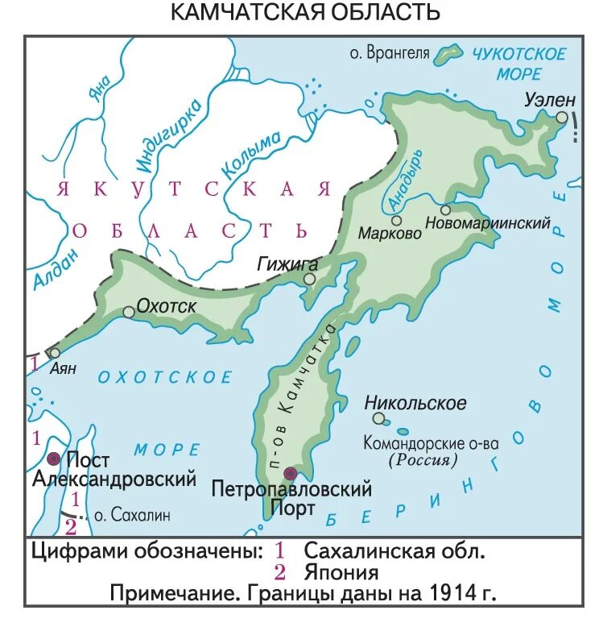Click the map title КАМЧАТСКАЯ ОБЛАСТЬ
click(x=305, y=13)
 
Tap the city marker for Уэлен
click(x=561, y=118)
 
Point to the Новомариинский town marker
click(x=445, y=210)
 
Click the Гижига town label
click(x=287, y=263)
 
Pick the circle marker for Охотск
click(x=128, y=312)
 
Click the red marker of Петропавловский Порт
click(x=291, y=473)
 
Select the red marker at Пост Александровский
click(x=54, y=459)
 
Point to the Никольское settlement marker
click(x=378, y=418)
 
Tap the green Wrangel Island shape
click(x=448, y=54)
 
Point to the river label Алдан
click(x=47, y=267)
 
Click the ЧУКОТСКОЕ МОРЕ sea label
click(x=518, y=64)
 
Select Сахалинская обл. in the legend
click(x=394, y=551)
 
